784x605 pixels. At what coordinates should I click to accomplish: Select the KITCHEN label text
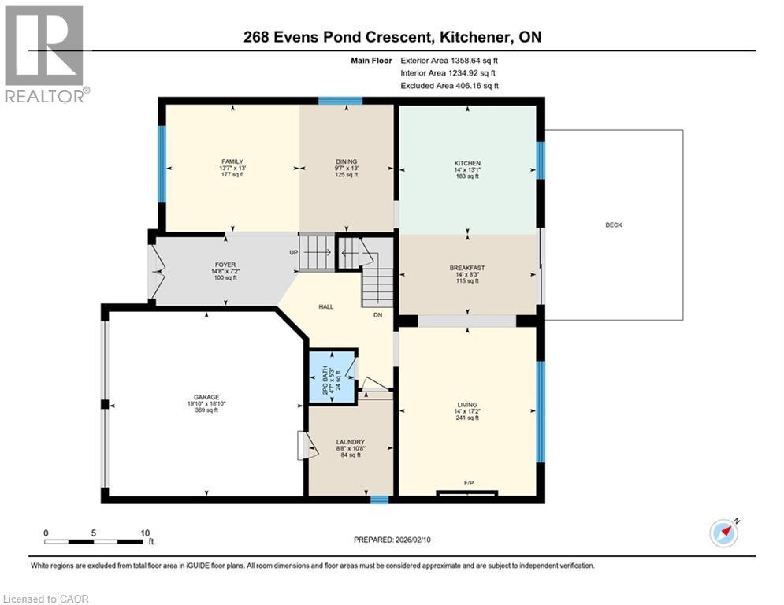click(467, 163)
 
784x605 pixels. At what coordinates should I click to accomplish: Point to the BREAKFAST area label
click(467, 268)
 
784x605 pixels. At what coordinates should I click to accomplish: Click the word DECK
click(613, 225)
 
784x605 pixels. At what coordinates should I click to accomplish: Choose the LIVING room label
click(467, 405)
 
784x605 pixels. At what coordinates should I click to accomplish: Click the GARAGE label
click(206, 397)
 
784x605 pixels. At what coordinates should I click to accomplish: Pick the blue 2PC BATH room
click(331, 377)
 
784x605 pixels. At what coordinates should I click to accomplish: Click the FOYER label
click(225, 265)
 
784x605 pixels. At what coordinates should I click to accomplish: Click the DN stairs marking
click(377, 314)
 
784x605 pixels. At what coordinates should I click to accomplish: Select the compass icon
click(723, 533)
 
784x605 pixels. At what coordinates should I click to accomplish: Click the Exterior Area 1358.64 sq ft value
click(475, 60)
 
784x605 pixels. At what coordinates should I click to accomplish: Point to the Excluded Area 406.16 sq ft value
click(475, 86)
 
